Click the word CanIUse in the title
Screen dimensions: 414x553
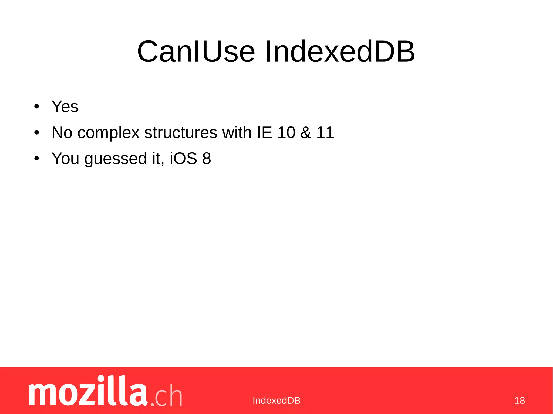coord(196,52)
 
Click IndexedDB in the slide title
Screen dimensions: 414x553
coord(339,52)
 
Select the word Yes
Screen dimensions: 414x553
coord(65,107)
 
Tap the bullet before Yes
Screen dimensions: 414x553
coord(37,107)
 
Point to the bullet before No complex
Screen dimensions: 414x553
coord(37,133)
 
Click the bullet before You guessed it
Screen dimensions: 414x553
coord(37,159)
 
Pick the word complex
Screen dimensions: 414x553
coord(108,133)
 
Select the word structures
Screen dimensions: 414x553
coord(181,133)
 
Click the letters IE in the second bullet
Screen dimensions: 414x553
coord(264,132)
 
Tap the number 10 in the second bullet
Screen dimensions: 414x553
coord(286,132)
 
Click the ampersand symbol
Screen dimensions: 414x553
coord(306,132)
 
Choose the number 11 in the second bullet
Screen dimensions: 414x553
coord(325,132)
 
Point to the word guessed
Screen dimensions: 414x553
coord(116,159)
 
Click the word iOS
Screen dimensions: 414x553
coord(183,158)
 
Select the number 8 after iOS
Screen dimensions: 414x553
coord(207,158)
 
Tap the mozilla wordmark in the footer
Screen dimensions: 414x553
coord(88,391)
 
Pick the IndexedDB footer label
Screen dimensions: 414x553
coord(276,401)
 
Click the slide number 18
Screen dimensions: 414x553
coord(520,401)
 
